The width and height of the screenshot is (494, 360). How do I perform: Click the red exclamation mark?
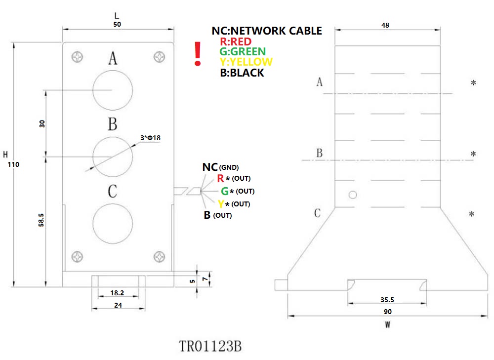(198, 54)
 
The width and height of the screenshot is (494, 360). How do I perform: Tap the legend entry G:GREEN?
(243, 52)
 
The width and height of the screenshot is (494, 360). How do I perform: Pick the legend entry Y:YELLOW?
(246, 62)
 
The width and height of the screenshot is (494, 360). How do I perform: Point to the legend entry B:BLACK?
(242, 73)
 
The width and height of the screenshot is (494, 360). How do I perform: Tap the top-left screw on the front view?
(78, 57)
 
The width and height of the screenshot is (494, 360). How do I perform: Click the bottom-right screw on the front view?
(159, 257)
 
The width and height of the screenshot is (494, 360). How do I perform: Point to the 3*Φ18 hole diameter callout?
(150, 138)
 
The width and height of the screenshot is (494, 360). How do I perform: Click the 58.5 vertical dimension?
(41, 220)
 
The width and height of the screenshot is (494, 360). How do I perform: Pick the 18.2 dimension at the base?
(118, 293)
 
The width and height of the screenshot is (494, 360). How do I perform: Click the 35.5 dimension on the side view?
(387, 300)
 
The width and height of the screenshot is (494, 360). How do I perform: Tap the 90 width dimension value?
(387, 312)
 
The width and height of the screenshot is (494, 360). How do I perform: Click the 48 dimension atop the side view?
(388, 25)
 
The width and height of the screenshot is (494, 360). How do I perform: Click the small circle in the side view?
(352, 195)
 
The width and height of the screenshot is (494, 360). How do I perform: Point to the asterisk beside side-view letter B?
(473, 155)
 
